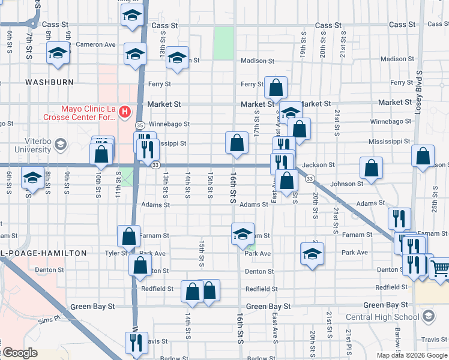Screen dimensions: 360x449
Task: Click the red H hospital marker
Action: (124, 111)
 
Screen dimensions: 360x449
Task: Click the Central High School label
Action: (382, 317)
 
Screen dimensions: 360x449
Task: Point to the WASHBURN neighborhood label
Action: (49, 82)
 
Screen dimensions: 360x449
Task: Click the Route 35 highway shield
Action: (139, 125)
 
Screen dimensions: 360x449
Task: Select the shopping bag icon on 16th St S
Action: (237, 143)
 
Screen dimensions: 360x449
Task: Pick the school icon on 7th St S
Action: (32, 178)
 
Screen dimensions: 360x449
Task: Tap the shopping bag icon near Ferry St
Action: (276, 88)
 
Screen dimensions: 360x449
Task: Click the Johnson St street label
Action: (347, 184)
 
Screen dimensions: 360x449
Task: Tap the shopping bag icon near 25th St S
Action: (423, 156)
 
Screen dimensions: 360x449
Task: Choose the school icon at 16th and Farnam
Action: (243, 233)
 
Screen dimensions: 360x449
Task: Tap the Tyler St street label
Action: (114, 253)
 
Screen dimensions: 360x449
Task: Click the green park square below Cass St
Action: (224, 43)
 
